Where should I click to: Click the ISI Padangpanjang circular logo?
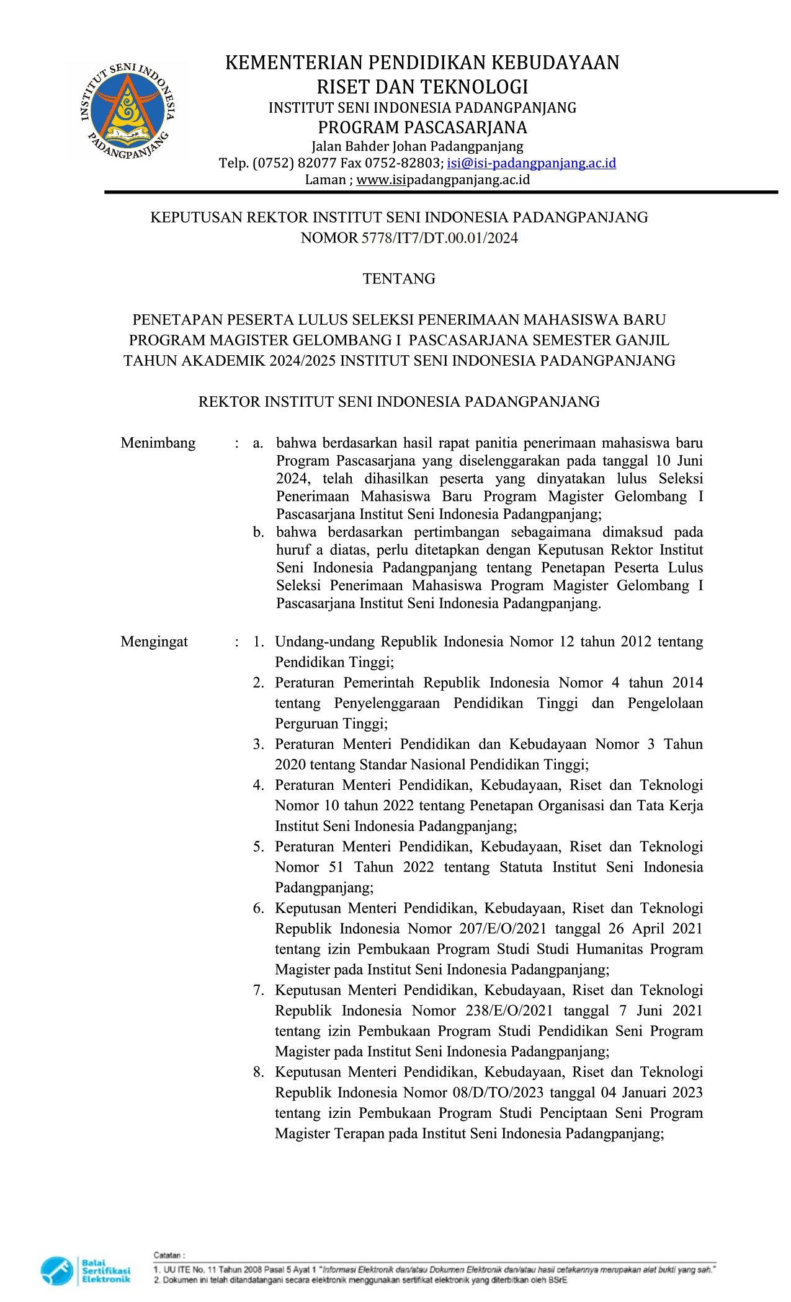pyautogui.click(x=127, y=111)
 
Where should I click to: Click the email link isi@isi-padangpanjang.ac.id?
pyautogui.click(x=531, y=163)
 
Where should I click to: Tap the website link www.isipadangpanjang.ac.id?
pyautogui.click(x=443, y=180)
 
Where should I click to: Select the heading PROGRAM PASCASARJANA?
pyautogui.click(x=422, y=128)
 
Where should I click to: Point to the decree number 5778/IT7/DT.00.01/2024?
pyautogui.click(x=439, y=238)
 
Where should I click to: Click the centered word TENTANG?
pyautogui.click(x=399, y=279)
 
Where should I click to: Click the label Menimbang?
pyautogui.click(x=158, y=443)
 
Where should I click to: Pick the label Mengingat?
pyautogui.click(x=154, y=642)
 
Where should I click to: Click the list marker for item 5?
pyautogui.click(x=258, y=847)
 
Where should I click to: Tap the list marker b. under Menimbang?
pyautogui.click(x=258, y=533)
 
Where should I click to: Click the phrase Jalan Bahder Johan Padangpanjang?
pyautogui.click(x=417, y=147)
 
